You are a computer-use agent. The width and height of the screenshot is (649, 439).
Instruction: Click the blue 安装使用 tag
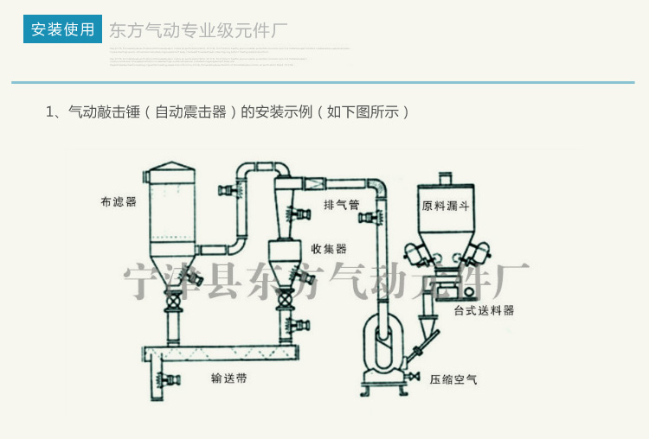pos(62,29)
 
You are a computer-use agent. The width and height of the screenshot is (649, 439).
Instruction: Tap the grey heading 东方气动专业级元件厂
pos(197,30)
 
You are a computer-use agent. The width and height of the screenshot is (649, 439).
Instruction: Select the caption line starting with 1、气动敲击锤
pos(227,112)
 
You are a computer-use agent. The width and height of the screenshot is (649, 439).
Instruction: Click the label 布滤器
pos(118,202)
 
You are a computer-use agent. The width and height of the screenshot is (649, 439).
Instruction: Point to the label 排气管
pos(342,205)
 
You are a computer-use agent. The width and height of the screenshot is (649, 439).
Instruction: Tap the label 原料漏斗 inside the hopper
pos(446,207)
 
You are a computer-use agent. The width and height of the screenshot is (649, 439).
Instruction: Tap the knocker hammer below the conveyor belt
pos(167,379)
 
